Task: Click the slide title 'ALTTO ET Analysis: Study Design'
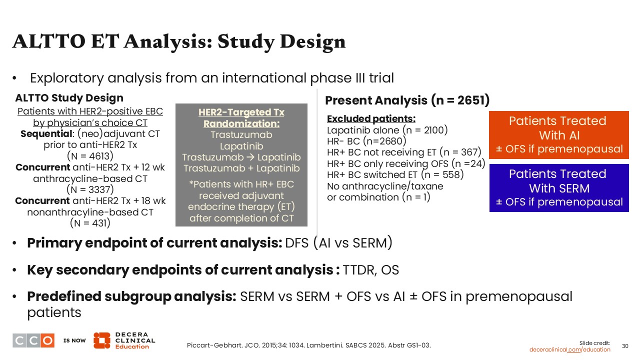[179, 42]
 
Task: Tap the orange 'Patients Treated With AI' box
[559, 135]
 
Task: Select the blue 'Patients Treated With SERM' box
[559, 188]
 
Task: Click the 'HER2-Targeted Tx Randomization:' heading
[241, 117]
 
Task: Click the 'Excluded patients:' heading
[371, 118]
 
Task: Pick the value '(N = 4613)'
[90, 156]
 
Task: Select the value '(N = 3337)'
[90, 189]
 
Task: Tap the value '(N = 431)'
[90, 223]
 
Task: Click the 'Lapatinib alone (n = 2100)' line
[387, 130]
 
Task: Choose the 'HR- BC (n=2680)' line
[366, 141]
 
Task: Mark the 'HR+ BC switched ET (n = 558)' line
[395, 174]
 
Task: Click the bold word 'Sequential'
[46, 133]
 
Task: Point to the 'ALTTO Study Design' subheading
[69, 98]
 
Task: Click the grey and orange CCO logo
[33, 340]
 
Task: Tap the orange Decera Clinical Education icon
[101, 340]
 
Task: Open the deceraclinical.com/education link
[569, 349]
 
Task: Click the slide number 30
[625, 346]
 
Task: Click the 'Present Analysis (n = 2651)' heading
[407, 100]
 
